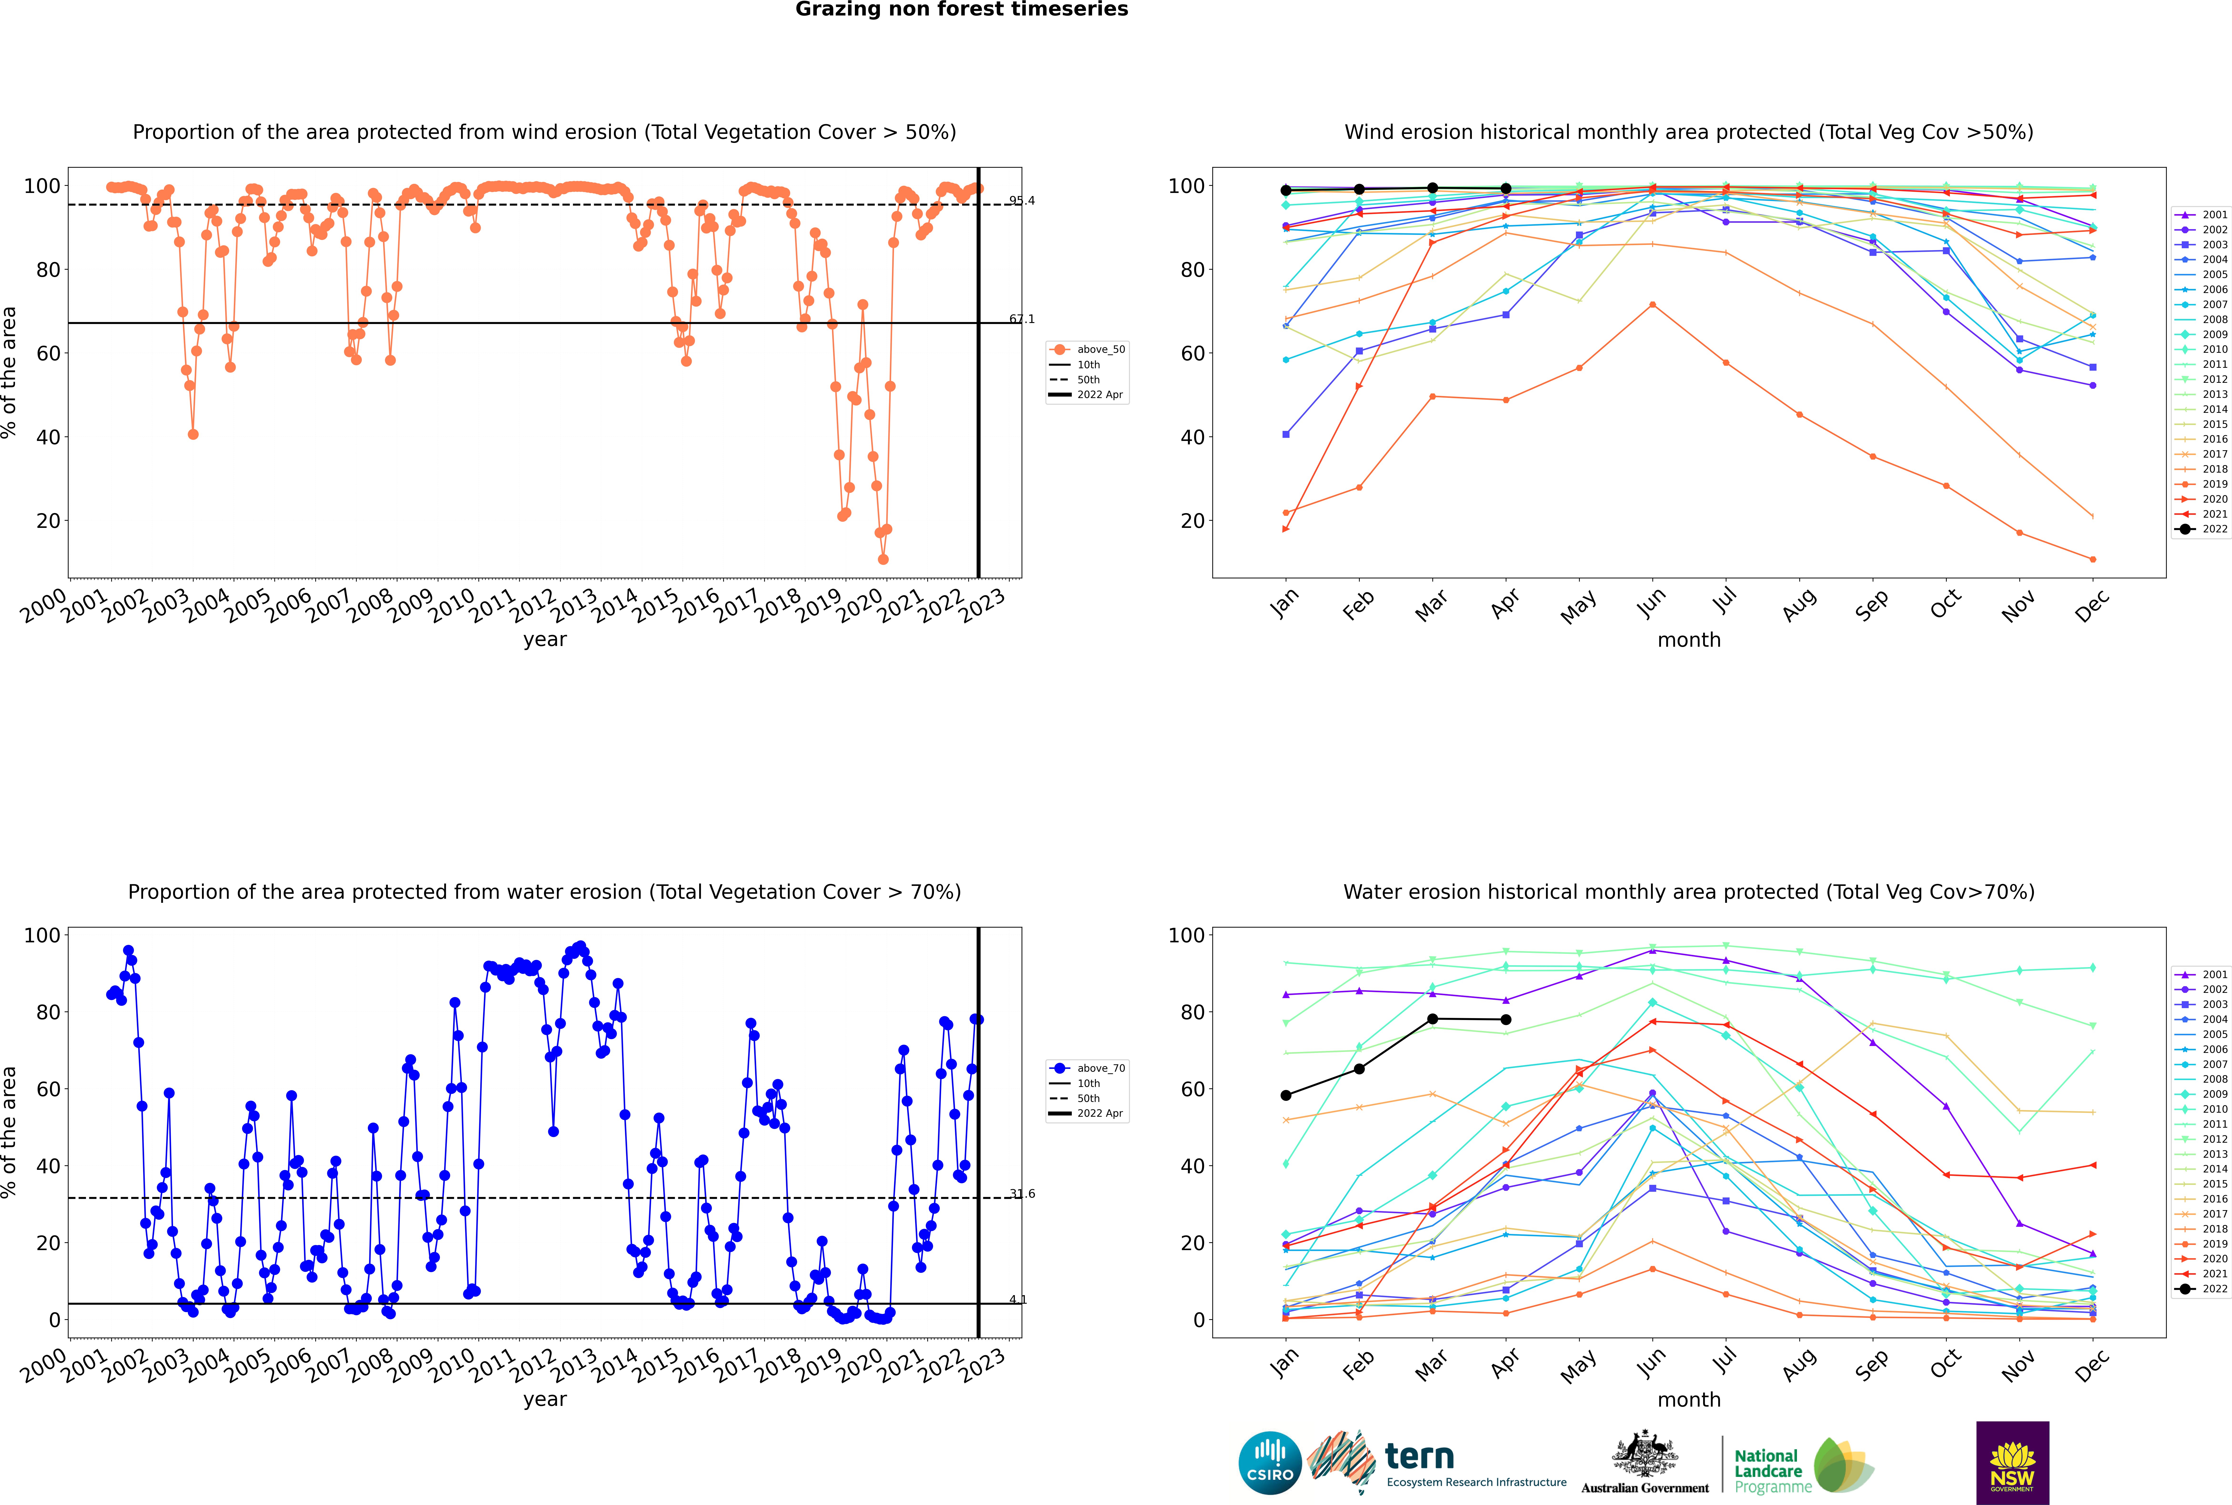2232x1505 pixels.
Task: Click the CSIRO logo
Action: click(1269, 1463)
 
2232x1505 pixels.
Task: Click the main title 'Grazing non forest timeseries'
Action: click(962, 10)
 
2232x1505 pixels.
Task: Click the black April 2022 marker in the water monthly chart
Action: click(1506, 1019)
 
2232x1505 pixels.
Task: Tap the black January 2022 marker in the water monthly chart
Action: click(1286, 1095)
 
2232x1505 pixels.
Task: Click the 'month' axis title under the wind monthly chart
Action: click(1689, 640)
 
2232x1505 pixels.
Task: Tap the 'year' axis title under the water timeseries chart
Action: click(545, 1399)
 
